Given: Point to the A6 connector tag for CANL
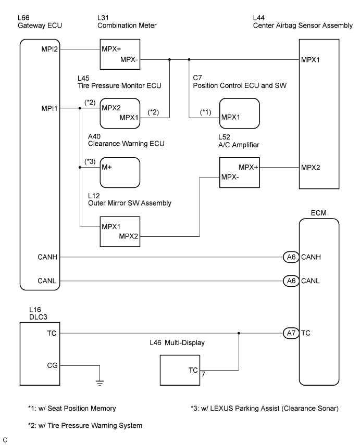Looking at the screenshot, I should [x=290, y=282].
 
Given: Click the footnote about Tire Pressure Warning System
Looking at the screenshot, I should [x=85, y=426].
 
